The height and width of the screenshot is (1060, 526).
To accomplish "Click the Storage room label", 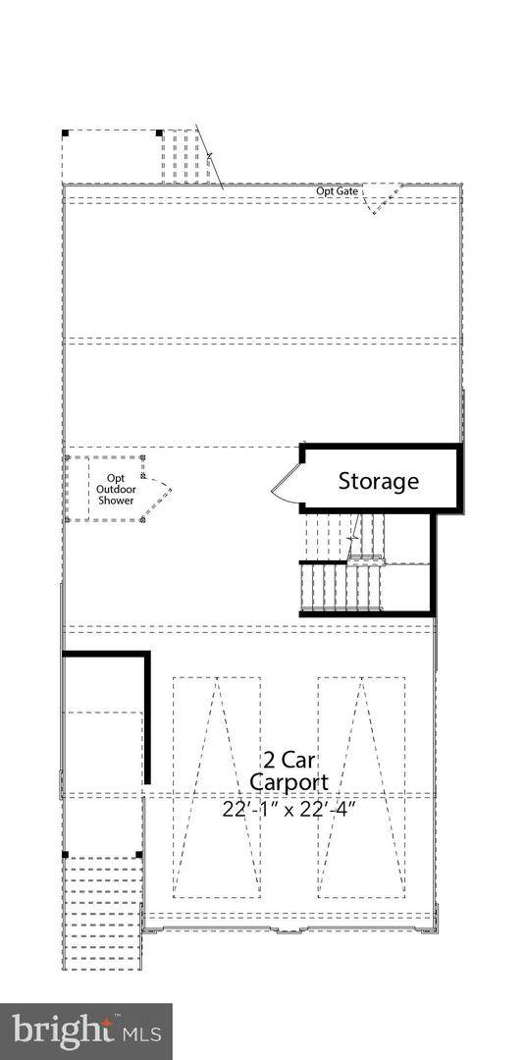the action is click(378, 481).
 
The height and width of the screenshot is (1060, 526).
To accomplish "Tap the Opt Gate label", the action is click(337, 191).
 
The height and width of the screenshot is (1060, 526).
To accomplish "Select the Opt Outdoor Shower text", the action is click(116, 489).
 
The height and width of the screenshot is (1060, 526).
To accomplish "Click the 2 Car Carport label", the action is click(289, 770).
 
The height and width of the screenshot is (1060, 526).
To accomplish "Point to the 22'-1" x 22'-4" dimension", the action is click(289, 809).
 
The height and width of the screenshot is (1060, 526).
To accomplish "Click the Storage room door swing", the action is click(286, 482).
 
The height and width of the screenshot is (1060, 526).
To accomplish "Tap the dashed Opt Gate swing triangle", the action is click(382, 198).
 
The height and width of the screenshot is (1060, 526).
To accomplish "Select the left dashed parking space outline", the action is click(216, 787).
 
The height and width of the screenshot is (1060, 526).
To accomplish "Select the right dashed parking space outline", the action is click(362, 787).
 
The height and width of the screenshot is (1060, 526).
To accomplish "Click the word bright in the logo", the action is click(63, 1031).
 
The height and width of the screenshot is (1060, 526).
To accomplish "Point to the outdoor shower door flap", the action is click(158, 488).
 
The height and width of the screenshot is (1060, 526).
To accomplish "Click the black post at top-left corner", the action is click(65, 133).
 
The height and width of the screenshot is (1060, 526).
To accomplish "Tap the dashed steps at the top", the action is click(180, 156).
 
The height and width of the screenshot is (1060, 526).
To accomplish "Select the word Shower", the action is click(116, 501).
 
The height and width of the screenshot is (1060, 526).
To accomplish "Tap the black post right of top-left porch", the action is click(159, 133).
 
